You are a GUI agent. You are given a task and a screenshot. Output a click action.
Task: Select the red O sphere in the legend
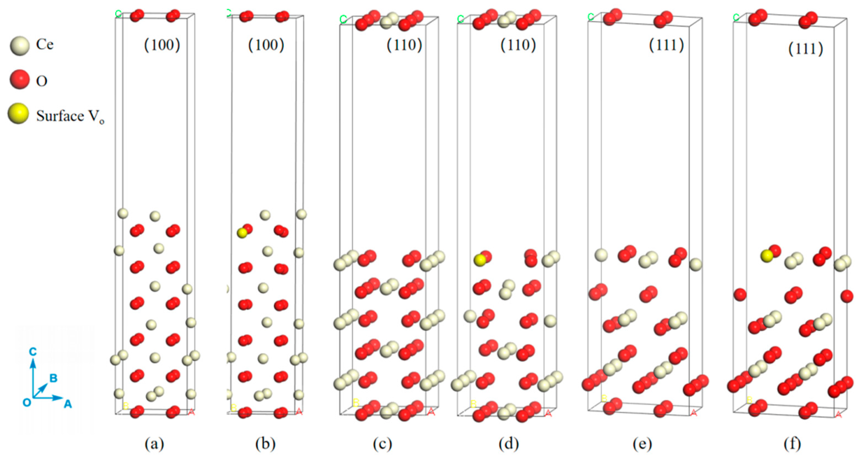click(x=20, y=79)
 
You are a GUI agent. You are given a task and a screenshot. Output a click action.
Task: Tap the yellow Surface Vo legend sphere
click(x=18, y=113)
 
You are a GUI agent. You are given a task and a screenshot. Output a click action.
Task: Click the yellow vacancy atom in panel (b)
click(x=242, y=233)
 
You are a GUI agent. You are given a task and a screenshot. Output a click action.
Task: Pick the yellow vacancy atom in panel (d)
click(x=480, y=260)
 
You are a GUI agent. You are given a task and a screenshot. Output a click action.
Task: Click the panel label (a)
click(x=154, y=444)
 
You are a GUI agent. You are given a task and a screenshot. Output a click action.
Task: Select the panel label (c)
click(x=382, y=444)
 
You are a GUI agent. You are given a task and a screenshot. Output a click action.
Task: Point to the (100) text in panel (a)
click(x=162, y=45)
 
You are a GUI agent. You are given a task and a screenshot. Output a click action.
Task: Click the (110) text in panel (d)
click(x=518, y=45)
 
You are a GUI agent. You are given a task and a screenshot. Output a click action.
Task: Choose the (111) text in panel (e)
click(x=667, y=45)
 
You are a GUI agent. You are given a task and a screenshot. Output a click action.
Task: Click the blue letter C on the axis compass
click(x=33, y=351)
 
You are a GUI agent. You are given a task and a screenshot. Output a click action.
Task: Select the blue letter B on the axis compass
click(x=53, y=378)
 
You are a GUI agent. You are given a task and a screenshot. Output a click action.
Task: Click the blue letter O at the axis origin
click(x=27, y=402)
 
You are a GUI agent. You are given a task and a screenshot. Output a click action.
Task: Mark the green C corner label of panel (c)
click(x=343, y=19)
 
